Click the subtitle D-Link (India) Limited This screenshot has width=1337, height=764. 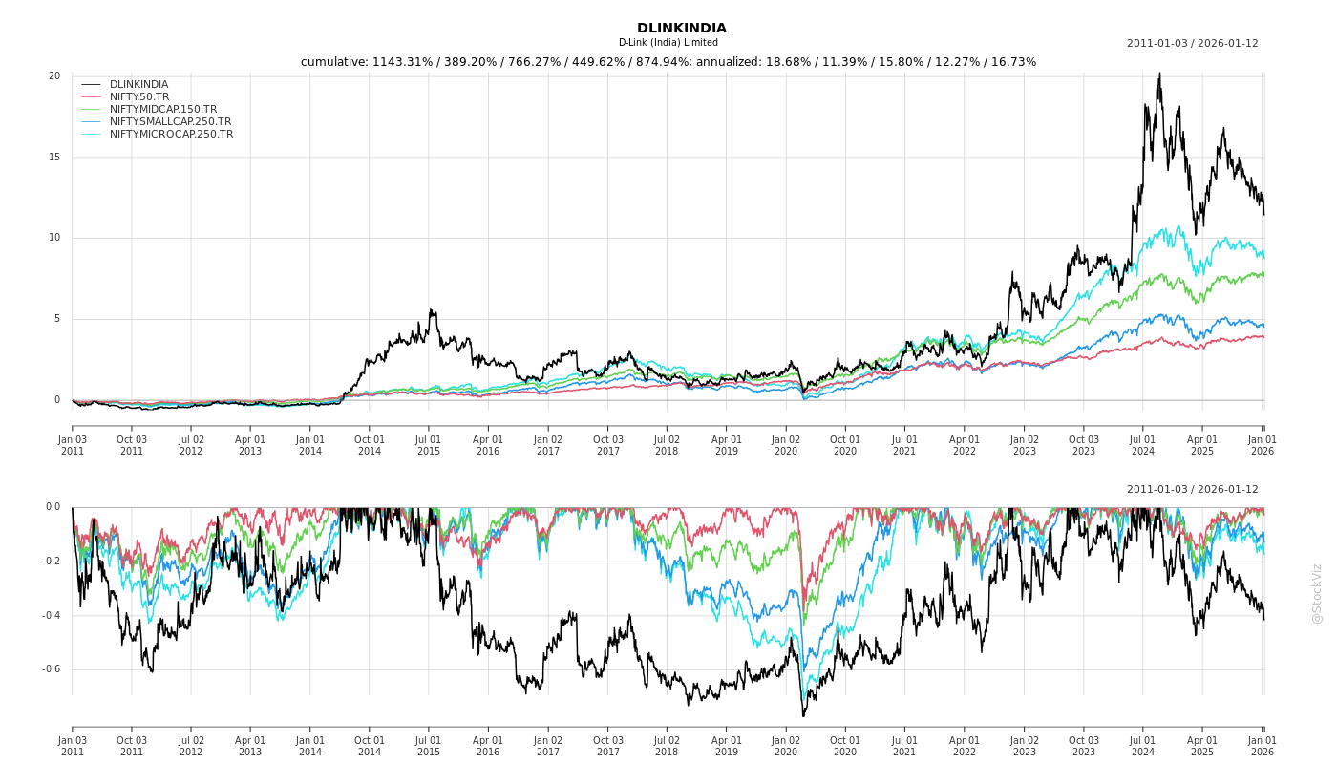point(668,43)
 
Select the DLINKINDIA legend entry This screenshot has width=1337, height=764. point(138,85)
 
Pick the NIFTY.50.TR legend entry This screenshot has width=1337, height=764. point(139,97)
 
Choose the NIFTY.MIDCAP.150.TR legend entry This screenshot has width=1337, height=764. point(163,110)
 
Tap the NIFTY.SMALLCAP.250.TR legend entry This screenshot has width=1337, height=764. point(170,122)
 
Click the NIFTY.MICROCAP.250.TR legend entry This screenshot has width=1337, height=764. point(171,135)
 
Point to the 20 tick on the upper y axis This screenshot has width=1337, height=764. point(54,76)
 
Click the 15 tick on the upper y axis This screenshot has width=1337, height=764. point(54,158)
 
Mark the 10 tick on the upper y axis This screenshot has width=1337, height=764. point(54,239)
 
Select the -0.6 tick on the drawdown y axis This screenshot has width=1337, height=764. point(51,669)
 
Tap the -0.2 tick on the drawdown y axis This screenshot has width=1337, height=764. point(51,562)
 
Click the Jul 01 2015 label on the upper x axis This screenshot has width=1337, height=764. point(429,445)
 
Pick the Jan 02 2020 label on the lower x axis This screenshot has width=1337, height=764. point(786,746)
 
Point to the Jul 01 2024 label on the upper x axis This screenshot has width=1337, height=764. point(1143,445)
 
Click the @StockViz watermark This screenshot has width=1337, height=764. point(1318,593)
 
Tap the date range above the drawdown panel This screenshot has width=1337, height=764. point(1192,490)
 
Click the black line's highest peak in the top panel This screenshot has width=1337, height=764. point(1159,74)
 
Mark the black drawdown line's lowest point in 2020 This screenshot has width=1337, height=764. point(803,715)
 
